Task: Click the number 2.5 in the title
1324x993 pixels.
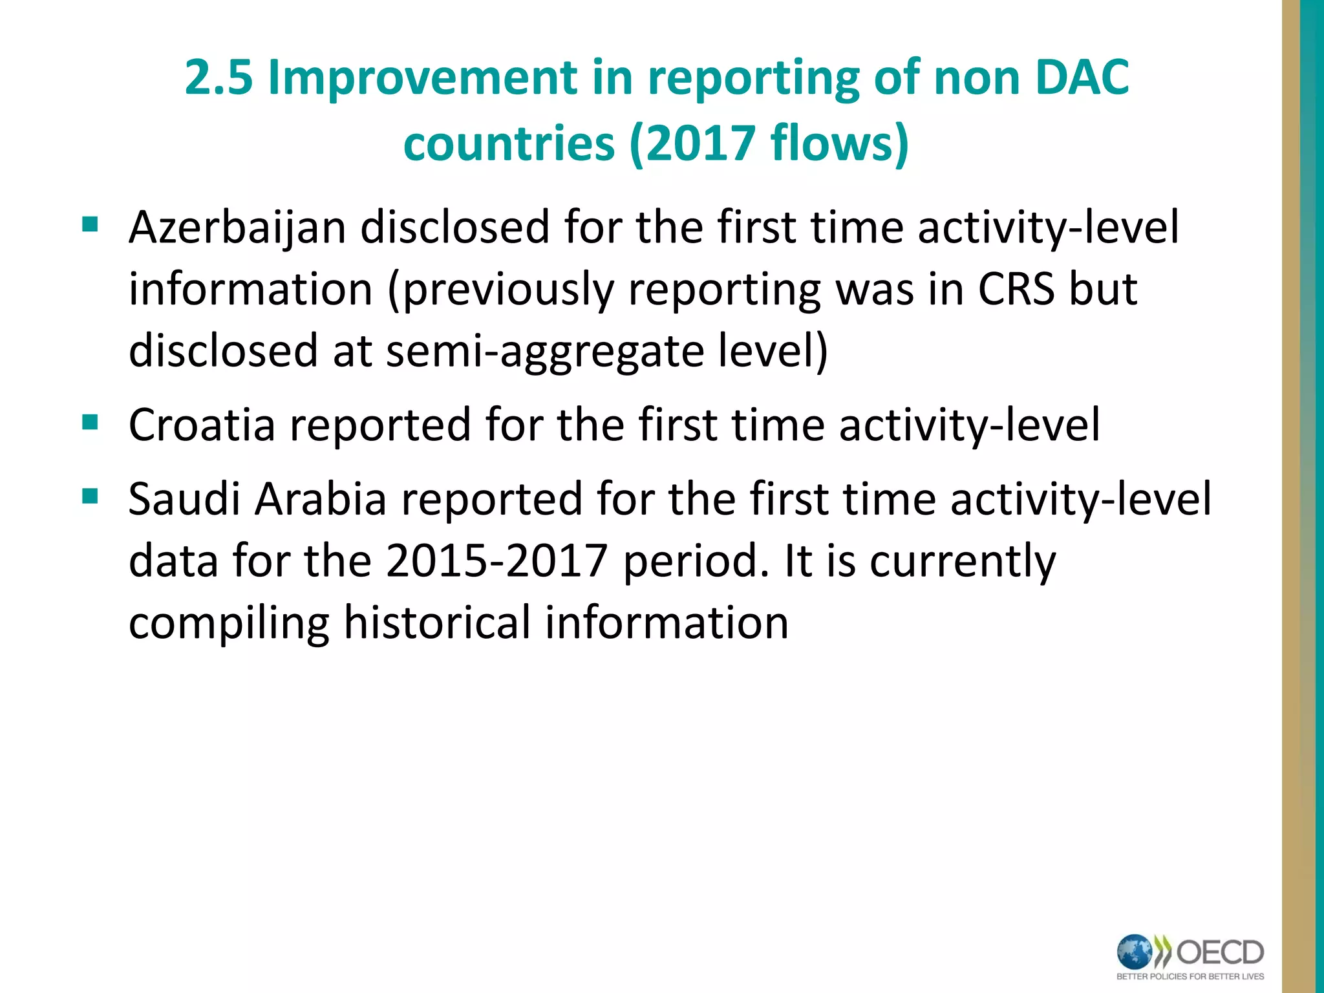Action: point(219,78)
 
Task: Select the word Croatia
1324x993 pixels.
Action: point(202,425)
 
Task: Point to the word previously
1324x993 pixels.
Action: point(500,290)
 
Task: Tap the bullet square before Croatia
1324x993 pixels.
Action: point(90,423)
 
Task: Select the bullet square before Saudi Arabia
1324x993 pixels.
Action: point(90,496)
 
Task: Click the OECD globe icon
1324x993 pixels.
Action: point(1135,952)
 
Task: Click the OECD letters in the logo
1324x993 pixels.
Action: point(1220,952)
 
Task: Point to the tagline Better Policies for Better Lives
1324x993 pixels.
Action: point(1190,976)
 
